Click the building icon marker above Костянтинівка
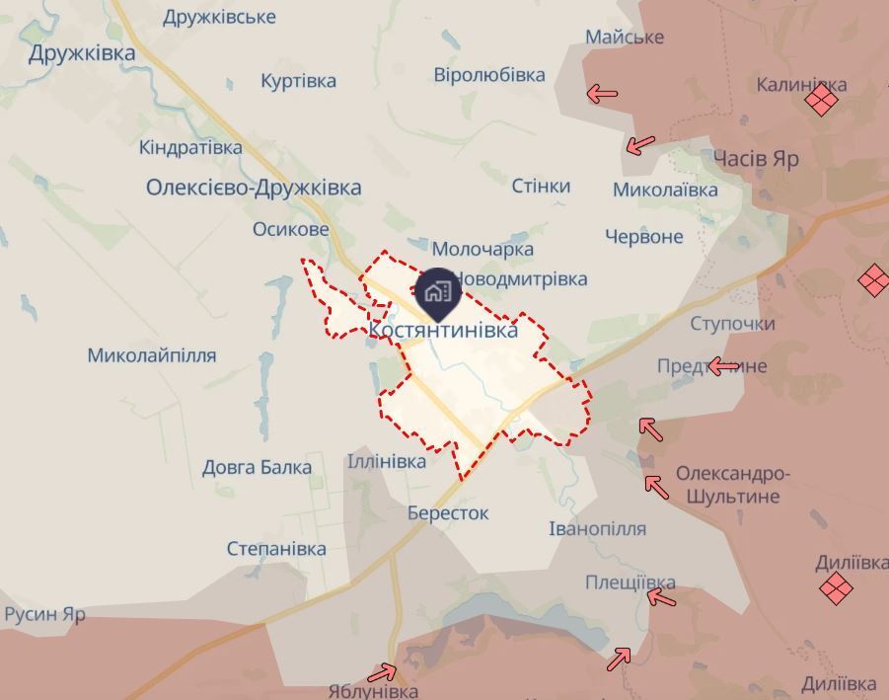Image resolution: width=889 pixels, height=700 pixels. click(x=435, y=291)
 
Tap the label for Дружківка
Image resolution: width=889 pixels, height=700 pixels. click(x=82, y=53)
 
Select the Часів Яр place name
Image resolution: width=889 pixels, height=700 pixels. click(x=755, y=159)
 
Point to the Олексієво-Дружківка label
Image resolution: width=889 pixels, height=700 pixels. click(x=254, y=187)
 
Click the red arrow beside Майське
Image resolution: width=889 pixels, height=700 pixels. click(x=602, y=94)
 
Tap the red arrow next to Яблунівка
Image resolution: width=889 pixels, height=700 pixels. click(x=382, y=673)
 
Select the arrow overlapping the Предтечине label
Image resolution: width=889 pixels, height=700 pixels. click(x=724, y=366)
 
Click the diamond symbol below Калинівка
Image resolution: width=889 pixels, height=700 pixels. click(x=821, y=100)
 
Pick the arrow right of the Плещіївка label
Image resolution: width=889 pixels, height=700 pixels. click(x=661, y=597)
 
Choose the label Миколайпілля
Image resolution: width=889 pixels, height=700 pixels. click(x=152, y=355)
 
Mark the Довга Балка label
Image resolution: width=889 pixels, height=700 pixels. click(x=257, y=467)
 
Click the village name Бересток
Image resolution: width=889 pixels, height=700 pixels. click(x=448, y=513)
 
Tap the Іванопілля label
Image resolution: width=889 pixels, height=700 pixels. click(x=597, y=528)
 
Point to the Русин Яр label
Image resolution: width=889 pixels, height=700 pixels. click(x=45, y=614)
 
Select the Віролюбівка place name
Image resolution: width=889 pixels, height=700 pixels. click(x=489, y=75)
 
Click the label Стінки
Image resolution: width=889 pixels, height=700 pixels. click(x=541, y=186)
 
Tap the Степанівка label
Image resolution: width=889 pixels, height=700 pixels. click(x=276, y=548)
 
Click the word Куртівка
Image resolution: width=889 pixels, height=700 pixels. click(x=298, y=81)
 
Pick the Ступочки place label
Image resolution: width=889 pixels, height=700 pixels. click(x=732, y=324)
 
